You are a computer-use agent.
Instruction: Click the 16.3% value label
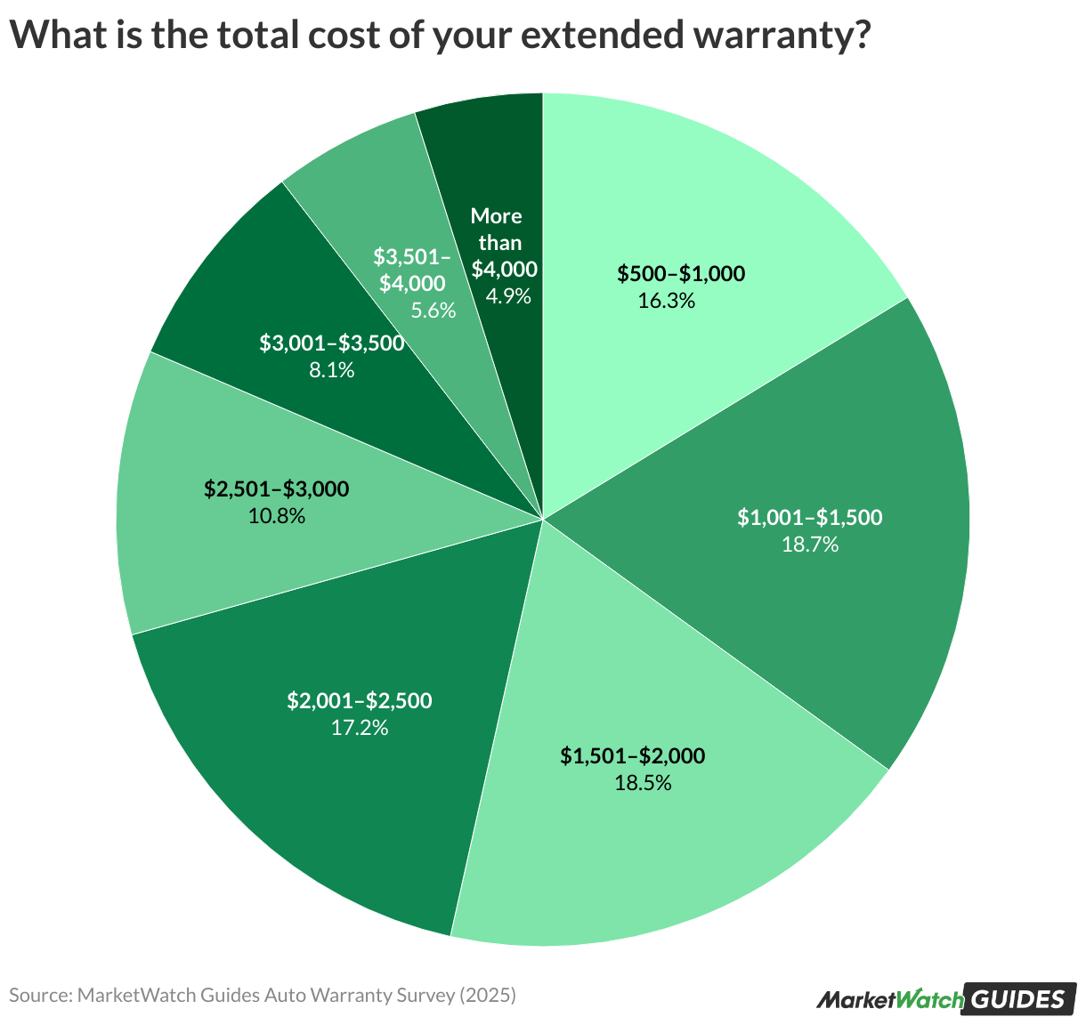click(x=666, y=301)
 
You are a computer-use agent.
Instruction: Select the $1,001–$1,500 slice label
click(x=809, y=517)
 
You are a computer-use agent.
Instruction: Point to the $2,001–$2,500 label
click(x=359, y=700)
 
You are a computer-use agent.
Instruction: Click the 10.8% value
click(x=277, y=515)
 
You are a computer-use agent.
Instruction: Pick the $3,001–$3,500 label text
click(x=331, y=343)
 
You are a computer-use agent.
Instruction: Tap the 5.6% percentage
click(x=433, y=311)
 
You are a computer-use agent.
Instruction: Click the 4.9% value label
click(x=508, y=295)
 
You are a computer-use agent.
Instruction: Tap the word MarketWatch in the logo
click(x=889, y=1000)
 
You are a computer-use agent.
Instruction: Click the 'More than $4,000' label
click(x=498, y=242)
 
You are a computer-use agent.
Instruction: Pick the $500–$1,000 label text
click(x=681, y=273)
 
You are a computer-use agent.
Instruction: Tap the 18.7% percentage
click(x=809, y=544)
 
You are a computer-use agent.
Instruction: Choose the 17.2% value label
click(x=359, y=728)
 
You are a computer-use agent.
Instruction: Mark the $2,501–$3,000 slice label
click(x=276, y=488)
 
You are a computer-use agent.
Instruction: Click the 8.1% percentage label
click(x=331, y=369)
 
